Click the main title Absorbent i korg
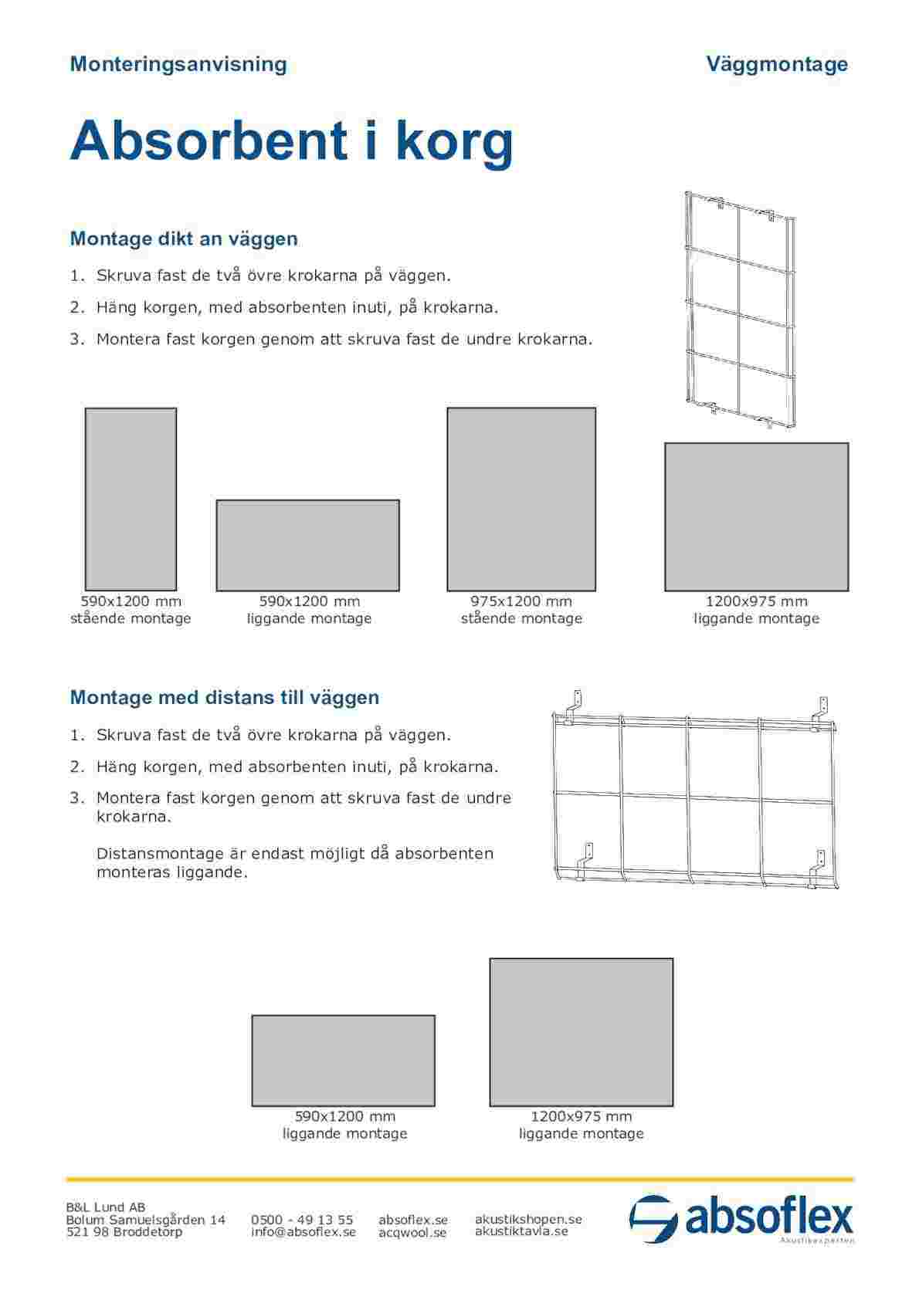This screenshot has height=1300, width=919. (x=291, y=140)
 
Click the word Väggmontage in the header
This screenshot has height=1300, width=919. (x=777, y=64)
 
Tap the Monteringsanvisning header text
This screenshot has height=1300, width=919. (x=178, y=64)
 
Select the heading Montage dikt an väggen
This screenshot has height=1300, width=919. (x=184, y=239)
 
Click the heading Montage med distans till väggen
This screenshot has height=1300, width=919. (x=225, y=698)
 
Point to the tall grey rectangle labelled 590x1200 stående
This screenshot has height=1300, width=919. (x=131, y=499)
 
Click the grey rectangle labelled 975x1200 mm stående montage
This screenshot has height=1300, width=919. (x=521, y=499)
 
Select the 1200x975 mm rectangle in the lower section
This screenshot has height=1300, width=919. (x=581, y=1032)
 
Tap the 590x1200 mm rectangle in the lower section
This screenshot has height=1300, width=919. (x=344, y=1061)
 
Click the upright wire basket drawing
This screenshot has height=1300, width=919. (x=740, y=309)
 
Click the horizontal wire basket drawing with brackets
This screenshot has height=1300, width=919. (x=695, y=795)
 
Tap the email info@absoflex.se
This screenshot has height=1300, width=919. (x=304, y=1232)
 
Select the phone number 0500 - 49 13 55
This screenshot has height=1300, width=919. (x=302, y=1220)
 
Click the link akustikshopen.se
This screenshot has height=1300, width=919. (x=528, y=1219)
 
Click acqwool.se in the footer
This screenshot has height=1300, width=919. (x=412, y=1233)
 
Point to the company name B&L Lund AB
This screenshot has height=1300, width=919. (x=106, y=1207)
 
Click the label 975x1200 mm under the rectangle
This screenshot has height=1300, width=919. (x=521, y=601)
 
